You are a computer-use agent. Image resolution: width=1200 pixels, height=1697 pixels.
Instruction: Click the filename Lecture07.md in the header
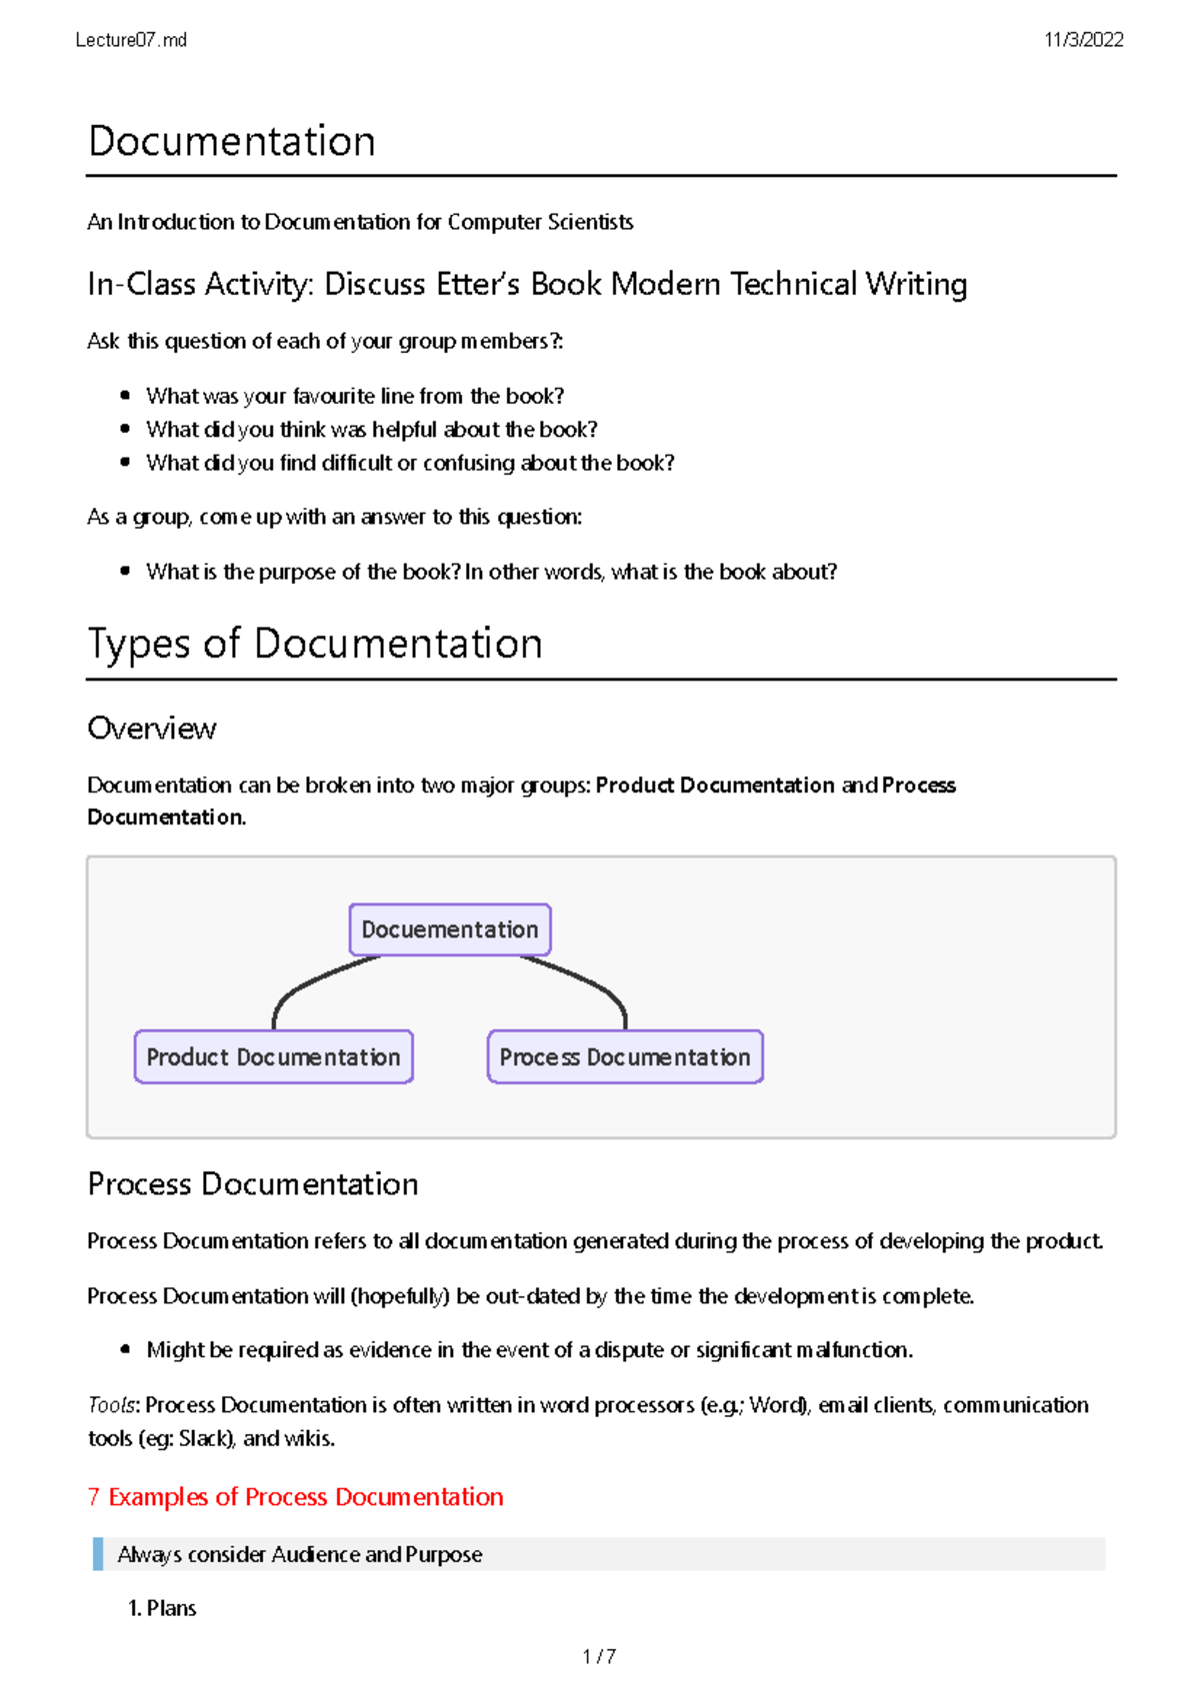pyautogui.click(x=131, y=40)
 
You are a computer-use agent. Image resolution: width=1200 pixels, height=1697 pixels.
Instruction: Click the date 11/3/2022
pyautogui.click(x=1083, y=40)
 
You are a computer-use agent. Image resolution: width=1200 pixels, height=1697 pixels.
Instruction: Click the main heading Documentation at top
pyautogui.click(x=232, y=141)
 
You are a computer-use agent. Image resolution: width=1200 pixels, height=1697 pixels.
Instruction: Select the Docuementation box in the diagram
pyautogui.click(x=449, y=929)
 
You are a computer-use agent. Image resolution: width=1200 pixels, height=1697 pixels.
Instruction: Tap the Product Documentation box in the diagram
pyautogui.click(x=273, y=1057)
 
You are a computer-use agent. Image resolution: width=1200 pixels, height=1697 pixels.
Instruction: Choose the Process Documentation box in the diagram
pyautogui.click(x=625, y=1057)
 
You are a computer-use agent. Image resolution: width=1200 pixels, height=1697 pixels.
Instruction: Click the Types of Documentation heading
pyautogui.click(x=315, y=643)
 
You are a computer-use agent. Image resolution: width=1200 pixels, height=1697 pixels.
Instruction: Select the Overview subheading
pyautogui.click(x=152, y=728)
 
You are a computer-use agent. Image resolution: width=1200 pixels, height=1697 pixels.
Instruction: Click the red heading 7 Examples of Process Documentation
pyautogui.click(x=296, y=1496)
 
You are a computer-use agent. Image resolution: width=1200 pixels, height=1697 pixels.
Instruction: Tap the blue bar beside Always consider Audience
pyautogui.click(x=98, y=1554)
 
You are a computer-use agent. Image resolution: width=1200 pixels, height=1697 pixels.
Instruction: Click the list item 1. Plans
pyautogui.click(x=163, y=1608)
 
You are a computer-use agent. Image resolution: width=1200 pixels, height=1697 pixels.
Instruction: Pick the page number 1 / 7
pyautogui.click(x=599, y=1657)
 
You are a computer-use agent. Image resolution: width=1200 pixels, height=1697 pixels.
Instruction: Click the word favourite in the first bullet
pyautogui.click(x=334, y=396)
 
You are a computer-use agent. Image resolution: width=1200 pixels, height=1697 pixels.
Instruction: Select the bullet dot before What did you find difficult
pyautogui.click(x=125, y=463)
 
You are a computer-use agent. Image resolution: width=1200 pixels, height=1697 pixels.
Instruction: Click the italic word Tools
pyautogui.click(x=111, y=1404)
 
